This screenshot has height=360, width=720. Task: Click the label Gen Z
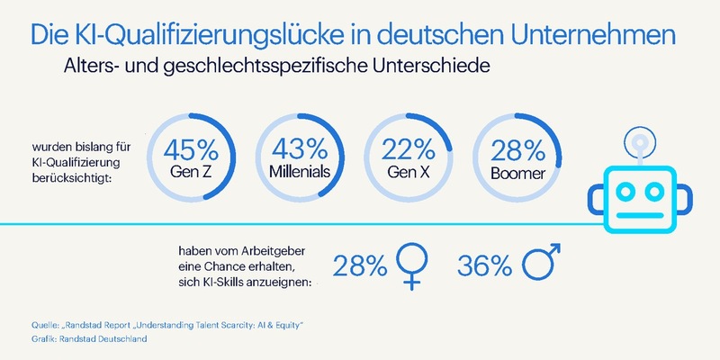187,169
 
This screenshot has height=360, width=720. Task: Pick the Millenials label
295,169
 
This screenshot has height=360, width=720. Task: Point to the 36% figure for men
486,266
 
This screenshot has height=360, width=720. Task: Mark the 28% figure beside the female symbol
361,266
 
